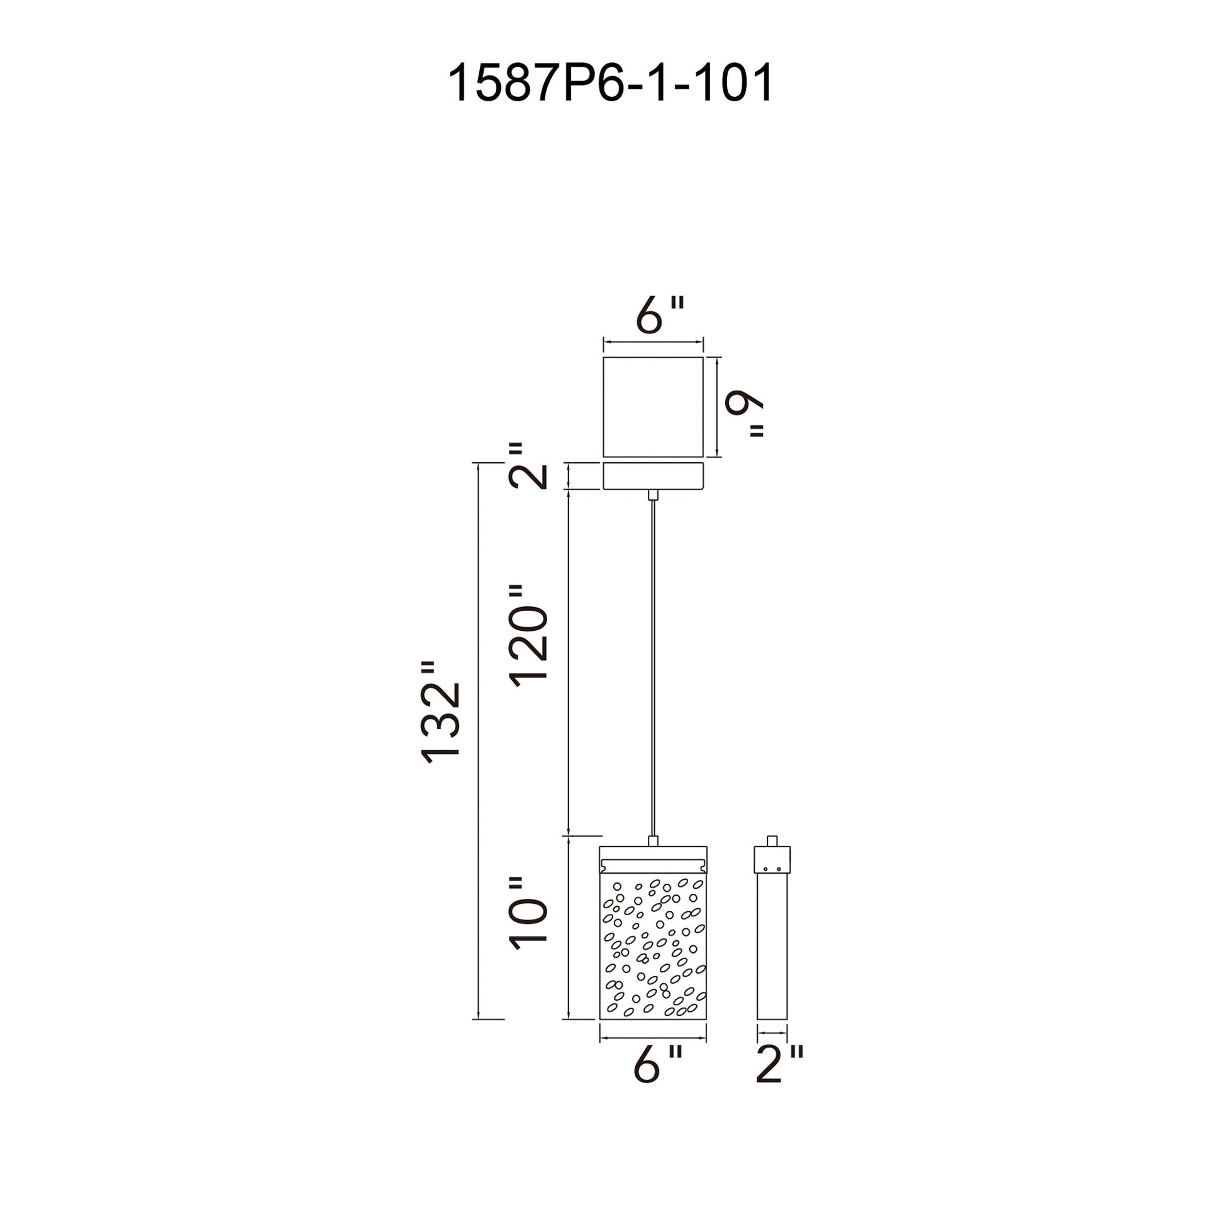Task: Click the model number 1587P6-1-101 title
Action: pos(610,83)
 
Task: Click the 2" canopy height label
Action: pos(527,465)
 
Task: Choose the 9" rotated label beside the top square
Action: pos(744,414)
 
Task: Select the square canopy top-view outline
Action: pos(653,407)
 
